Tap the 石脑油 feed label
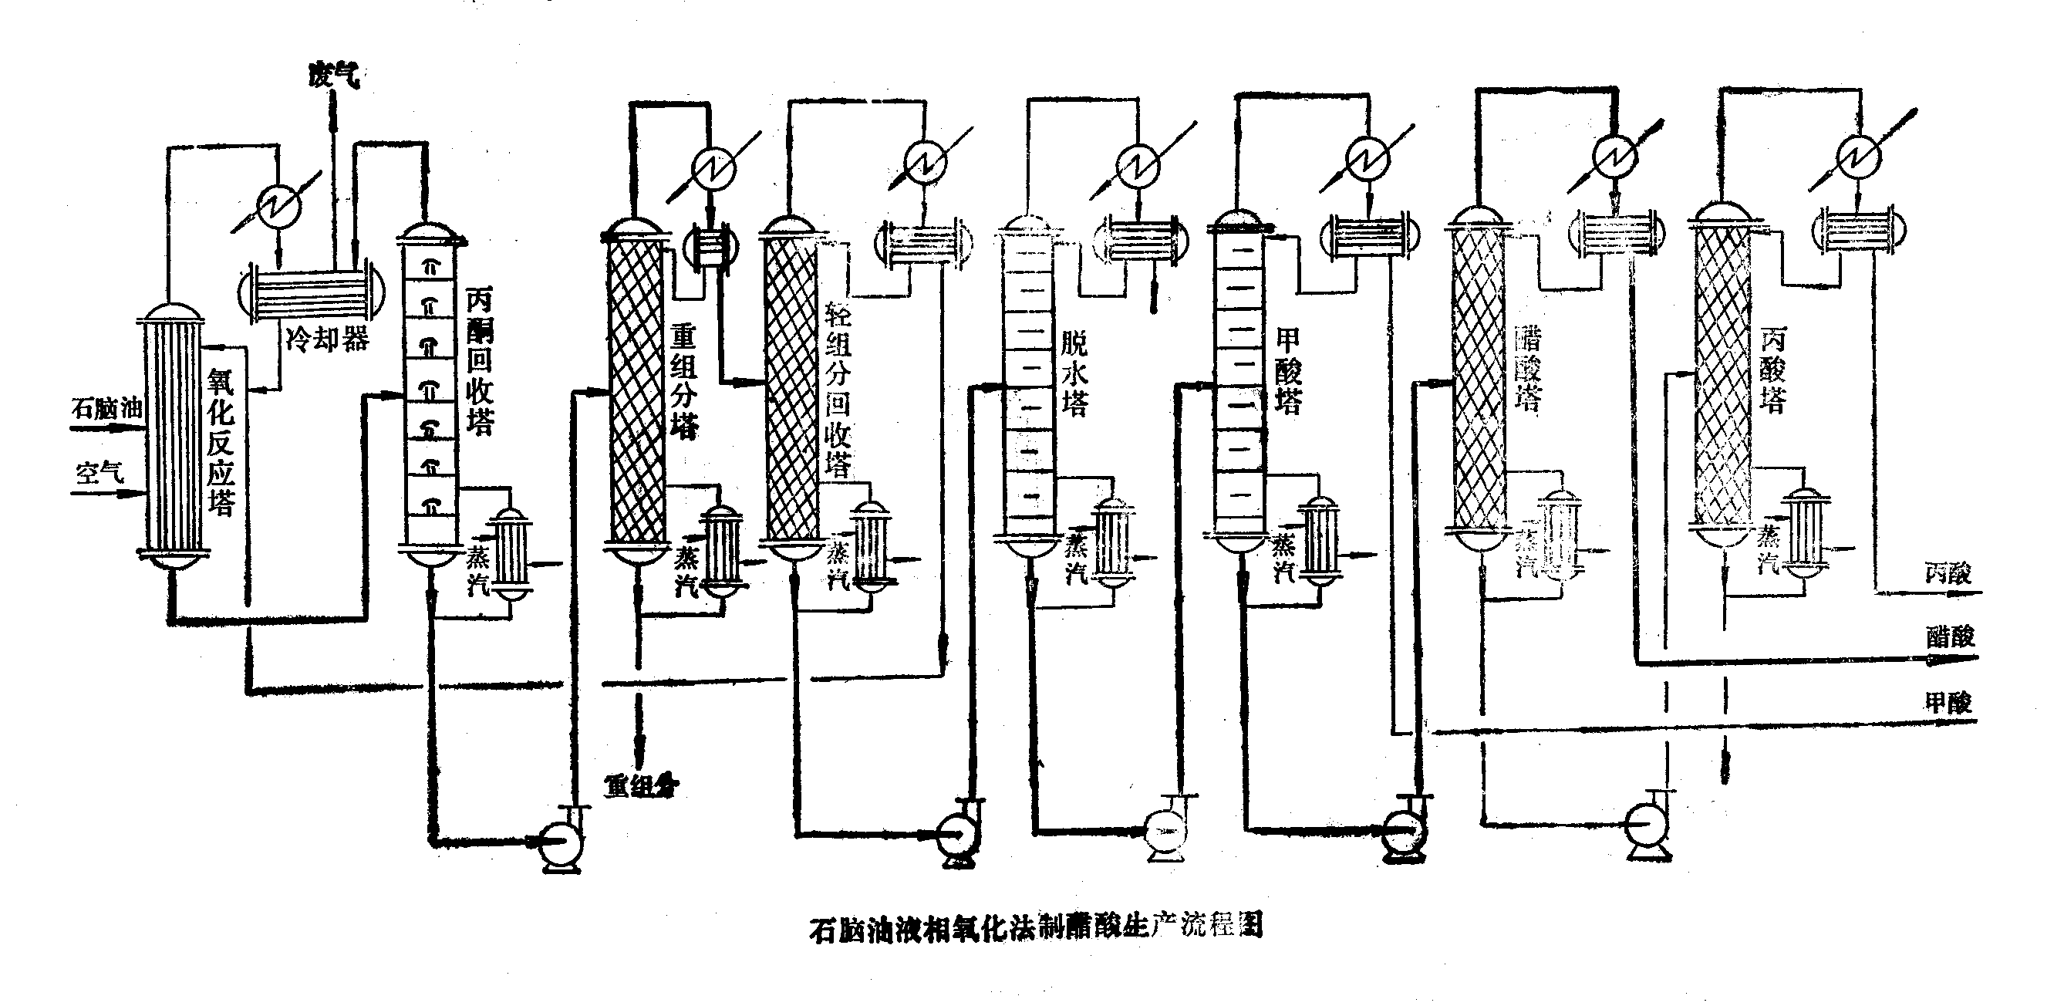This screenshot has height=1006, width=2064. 106,408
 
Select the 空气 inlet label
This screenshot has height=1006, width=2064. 100,472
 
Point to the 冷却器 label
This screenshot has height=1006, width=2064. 327,339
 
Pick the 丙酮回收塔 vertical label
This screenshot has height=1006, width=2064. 479,361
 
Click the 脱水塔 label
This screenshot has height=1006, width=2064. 1074,373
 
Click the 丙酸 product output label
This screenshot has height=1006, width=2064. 1948,573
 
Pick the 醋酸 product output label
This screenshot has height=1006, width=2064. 1950,636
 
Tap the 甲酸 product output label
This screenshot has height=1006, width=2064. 1948,703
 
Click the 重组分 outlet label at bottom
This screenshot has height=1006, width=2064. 640,787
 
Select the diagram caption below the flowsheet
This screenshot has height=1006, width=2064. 1036,927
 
